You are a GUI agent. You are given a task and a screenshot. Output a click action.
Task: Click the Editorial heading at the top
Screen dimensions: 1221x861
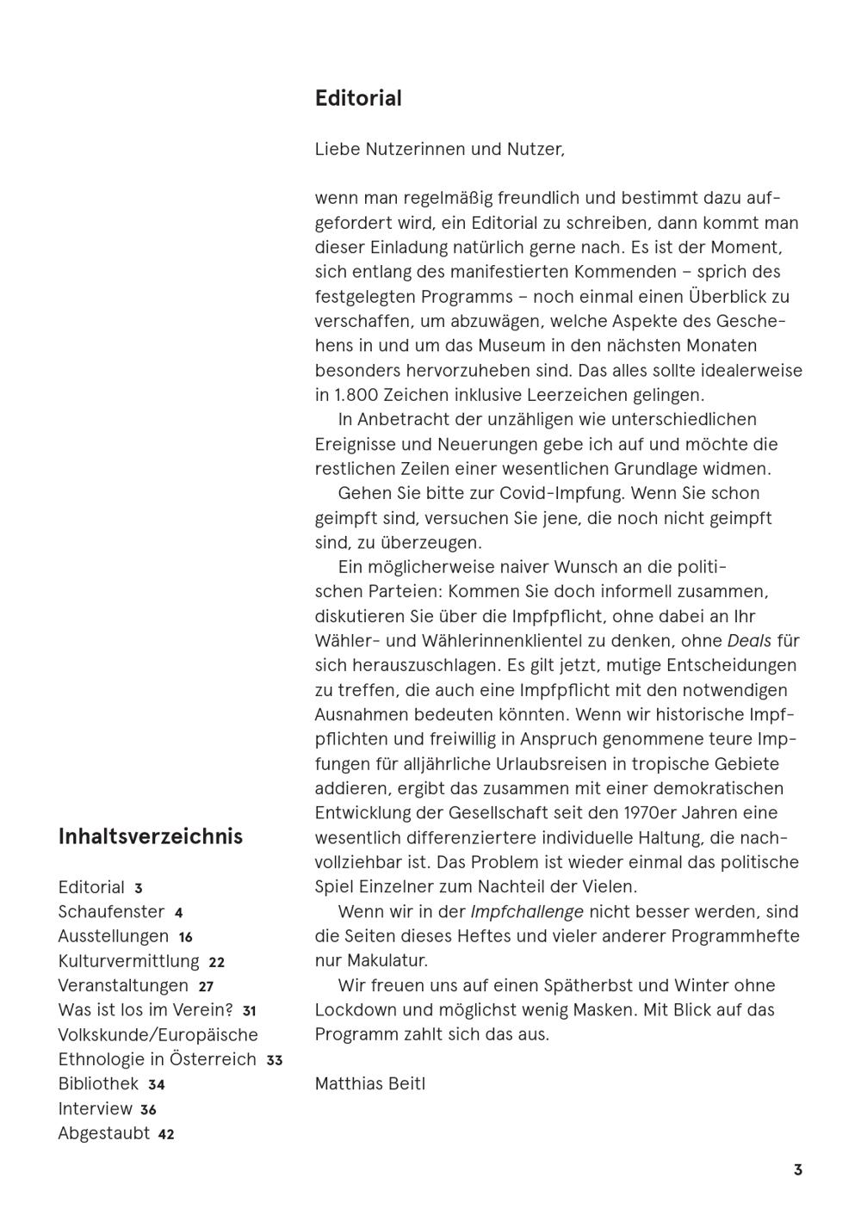tap(358, 99)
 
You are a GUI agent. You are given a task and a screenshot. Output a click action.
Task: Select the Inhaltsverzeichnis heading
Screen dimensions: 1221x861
tap(151, 836)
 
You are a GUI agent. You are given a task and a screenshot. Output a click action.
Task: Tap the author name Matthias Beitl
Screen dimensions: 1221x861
tap(370, 1083)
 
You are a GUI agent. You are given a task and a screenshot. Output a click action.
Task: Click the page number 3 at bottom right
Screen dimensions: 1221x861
tap(798, 1170)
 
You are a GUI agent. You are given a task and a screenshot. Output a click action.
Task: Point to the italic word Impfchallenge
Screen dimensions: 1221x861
tap(527, 911)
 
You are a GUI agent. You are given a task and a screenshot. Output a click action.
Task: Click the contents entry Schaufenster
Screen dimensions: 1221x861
tap(111, 912)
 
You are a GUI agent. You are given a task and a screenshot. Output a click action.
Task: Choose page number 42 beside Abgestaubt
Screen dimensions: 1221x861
tap(166, 1135)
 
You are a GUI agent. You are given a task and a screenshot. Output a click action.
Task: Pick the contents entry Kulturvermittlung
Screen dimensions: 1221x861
tap(128, 961)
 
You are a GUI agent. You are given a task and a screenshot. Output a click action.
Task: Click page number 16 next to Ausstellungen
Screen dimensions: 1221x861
tap(186, 937)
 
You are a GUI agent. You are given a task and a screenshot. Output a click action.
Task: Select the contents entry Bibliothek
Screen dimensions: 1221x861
tap(98, 1084)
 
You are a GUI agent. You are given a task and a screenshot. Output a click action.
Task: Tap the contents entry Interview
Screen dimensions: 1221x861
tap(95, 1109)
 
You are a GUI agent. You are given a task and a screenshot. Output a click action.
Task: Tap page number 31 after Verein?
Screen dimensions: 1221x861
tap(249, 1011)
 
